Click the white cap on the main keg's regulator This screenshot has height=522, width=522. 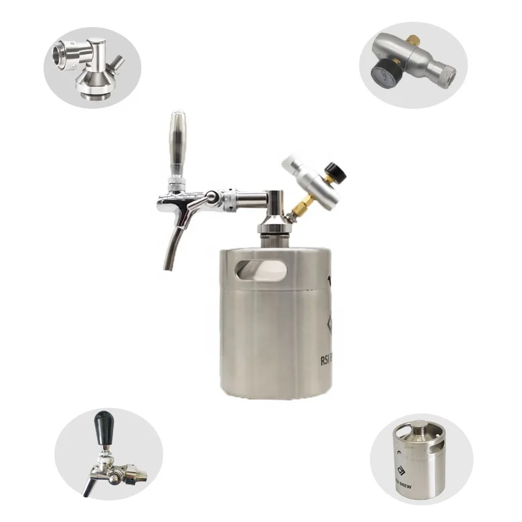289,163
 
